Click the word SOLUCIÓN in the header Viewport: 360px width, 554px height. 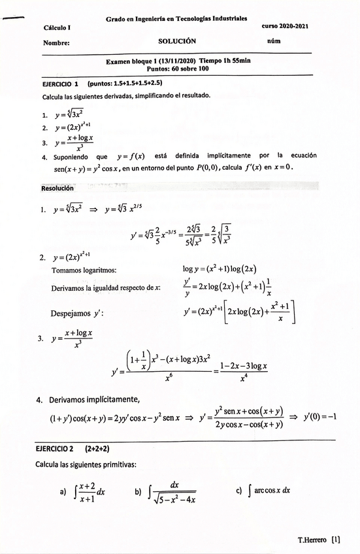177,41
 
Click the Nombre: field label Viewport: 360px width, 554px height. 56,43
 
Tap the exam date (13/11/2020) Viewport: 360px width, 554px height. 175,61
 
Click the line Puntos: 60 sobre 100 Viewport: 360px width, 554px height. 178,68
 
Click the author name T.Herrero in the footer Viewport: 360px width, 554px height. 312,540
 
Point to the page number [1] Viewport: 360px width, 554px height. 336,540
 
